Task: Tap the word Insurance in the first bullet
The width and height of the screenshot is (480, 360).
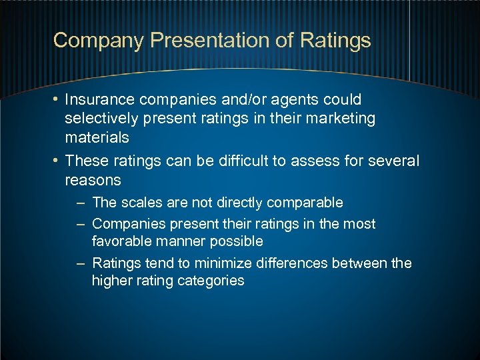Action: pos(100,100)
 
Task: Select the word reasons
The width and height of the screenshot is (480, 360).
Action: pos(93,180)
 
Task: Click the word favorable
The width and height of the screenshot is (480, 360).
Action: pos(124,241)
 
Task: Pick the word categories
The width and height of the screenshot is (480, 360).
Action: pos(211,281)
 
